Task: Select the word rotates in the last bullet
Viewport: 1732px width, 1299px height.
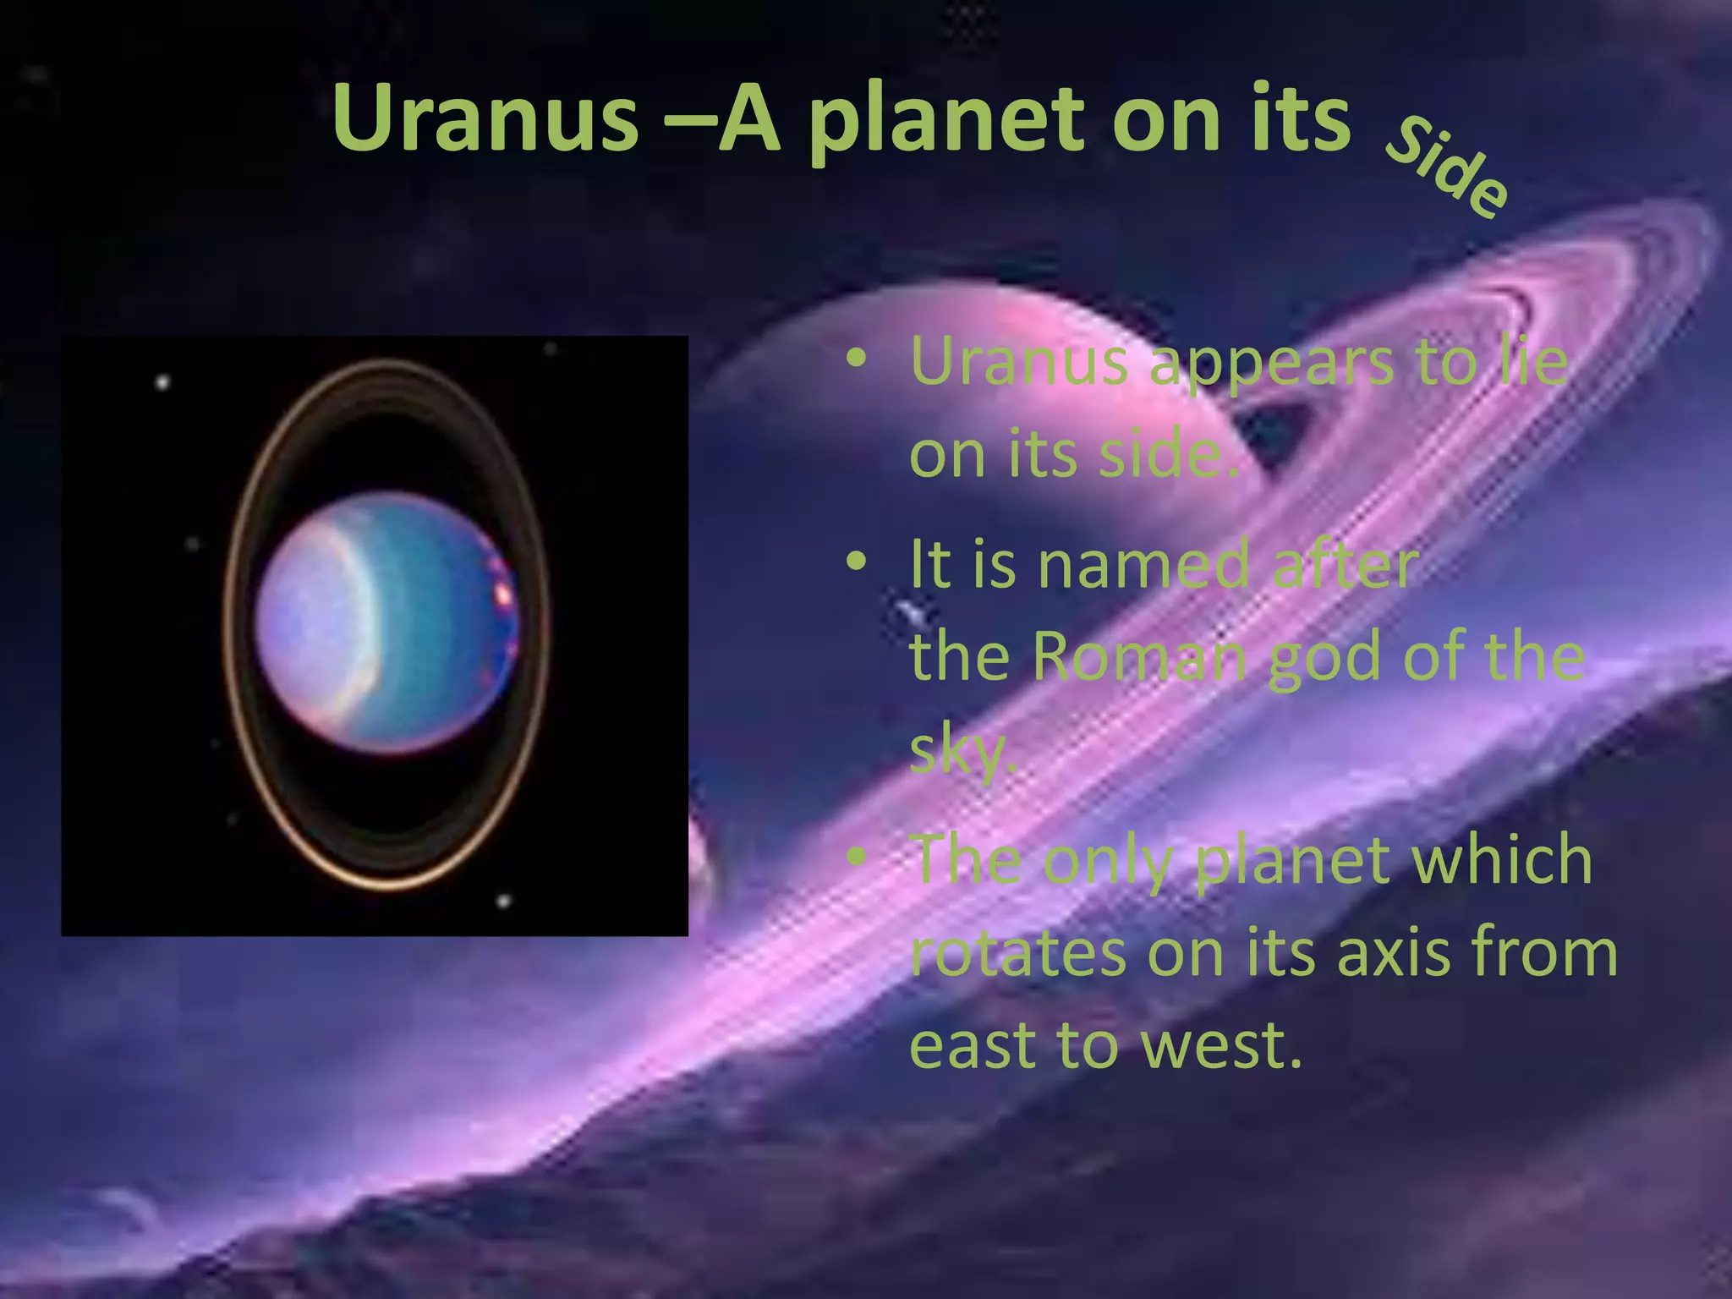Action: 1017,952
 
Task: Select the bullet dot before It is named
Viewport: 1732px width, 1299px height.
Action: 856,562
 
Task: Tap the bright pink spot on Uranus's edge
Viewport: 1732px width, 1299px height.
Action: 504,595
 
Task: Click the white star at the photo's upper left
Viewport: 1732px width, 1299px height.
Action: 162,382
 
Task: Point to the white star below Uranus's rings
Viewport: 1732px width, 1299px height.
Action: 504,902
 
